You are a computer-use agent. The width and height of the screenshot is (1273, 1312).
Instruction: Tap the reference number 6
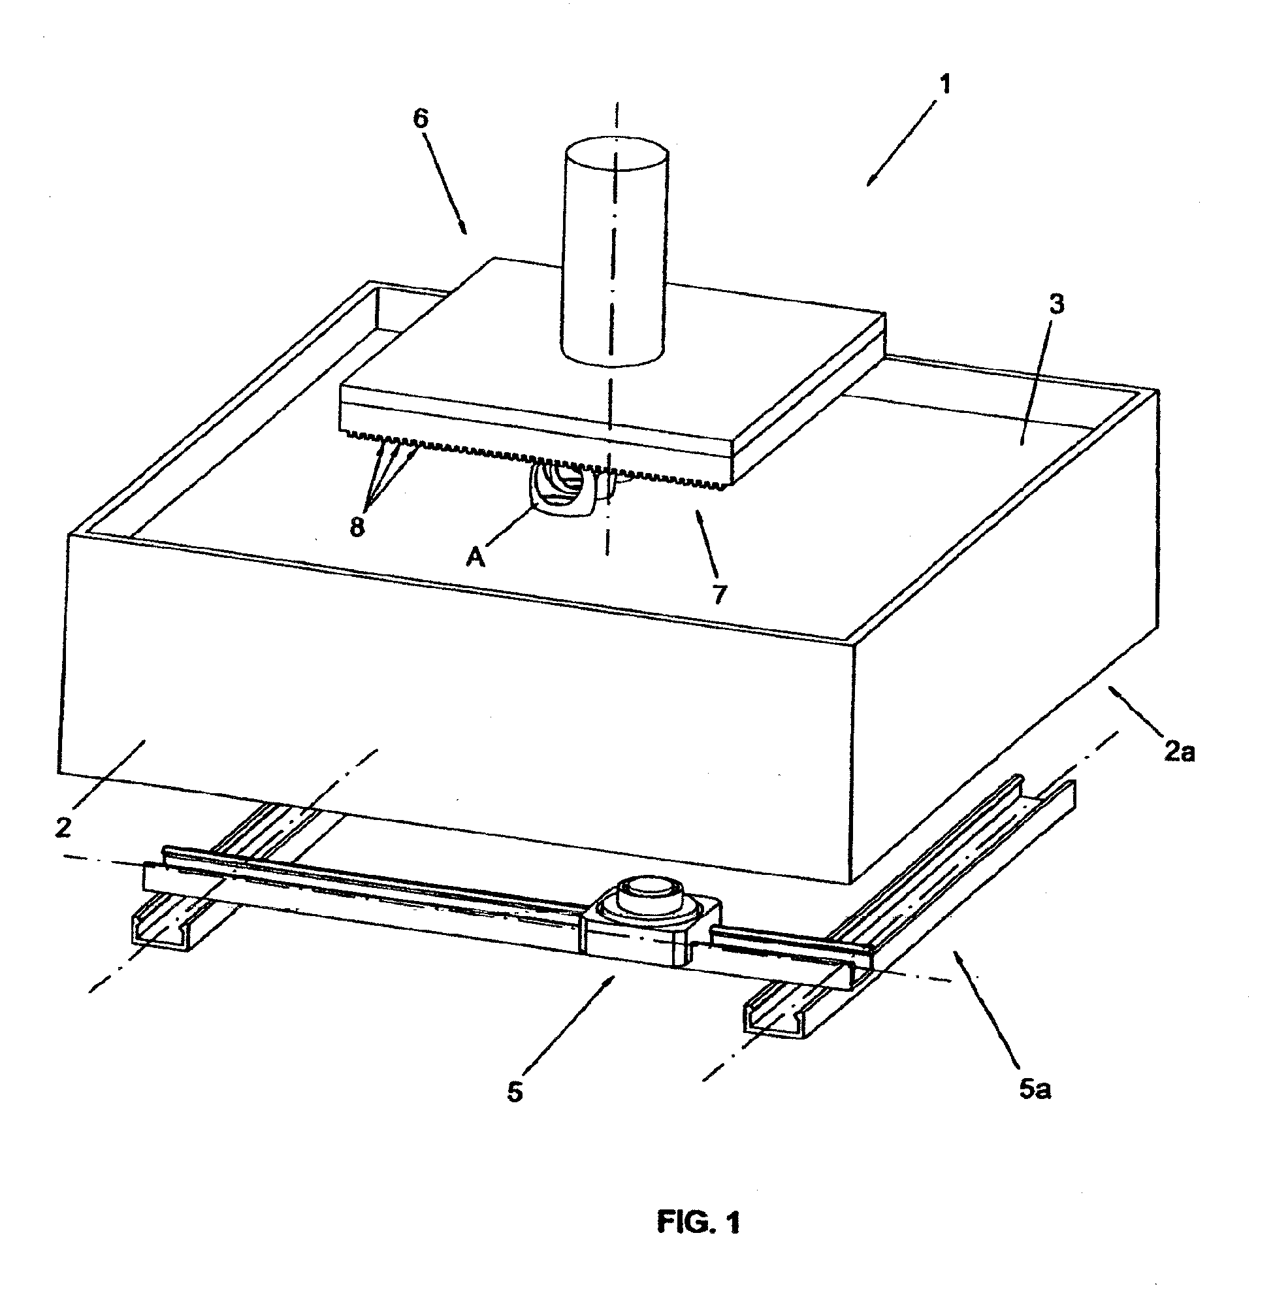421,119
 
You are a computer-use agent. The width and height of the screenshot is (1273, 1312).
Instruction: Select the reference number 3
1055,305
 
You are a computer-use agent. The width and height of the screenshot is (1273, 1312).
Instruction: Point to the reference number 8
357,527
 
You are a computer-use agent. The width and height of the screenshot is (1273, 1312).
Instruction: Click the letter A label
476,556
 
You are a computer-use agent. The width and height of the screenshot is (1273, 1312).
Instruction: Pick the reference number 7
720,594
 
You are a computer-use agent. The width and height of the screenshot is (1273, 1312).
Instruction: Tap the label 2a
1180,752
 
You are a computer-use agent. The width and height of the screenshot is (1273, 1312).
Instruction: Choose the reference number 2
63,828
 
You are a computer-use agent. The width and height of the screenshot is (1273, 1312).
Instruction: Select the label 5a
1035,1090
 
